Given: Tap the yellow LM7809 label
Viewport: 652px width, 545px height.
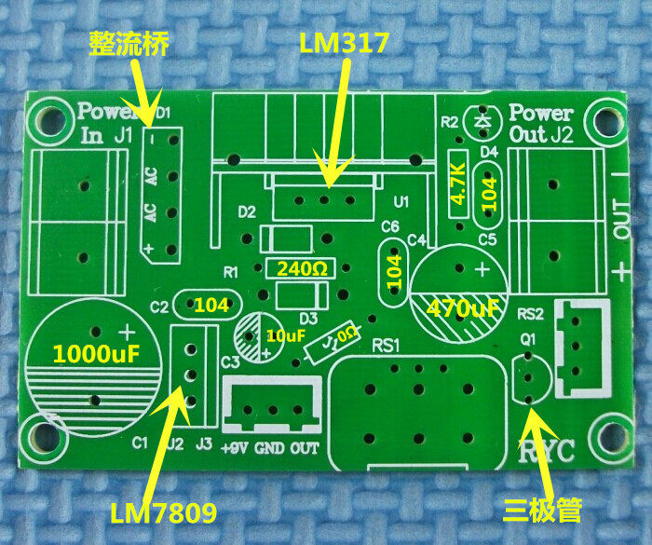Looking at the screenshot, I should [163, 512].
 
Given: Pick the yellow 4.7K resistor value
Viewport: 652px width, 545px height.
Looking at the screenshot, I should [457, 184].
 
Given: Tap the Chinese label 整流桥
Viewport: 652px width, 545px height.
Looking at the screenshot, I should [129, 44].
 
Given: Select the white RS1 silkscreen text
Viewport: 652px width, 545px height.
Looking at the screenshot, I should [385, 346].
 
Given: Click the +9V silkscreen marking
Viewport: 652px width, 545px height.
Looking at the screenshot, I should [237, 447].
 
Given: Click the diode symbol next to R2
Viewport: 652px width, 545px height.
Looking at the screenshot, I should [482, 121].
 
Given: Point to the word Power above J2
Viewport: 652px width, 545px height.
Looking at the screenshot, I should [541, 114].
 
